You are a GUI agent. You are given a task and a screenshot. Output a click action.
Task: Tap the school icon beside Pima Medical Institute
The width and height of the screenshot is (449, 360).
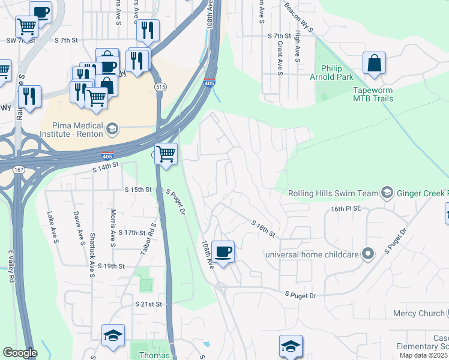pyautogui.click(x=112, y=128)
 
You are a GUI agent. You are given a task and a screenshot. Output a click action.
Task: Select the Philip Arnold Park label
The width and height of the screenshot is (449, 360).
pyautogui.click(x=340, y=74)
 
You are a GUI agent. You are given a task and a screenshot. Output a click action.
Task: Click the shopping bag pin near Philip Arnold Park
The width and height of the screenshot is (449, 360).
pyautogui.click(x=374, y=63)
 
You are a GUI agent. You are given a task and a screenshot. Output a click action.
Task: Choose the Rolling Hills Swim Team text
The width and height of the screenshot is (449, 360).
pyautogui.click(x=333, y=193)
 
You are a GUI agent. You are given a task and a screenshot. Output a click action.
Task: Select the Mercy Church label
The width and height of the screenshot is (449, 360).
pyautogui.click(x=418, y=313)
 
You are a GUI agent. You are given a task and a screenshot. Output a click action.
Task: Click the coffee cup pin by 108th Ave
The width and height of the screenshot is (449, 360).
pyautogui.click(x=223, y=251)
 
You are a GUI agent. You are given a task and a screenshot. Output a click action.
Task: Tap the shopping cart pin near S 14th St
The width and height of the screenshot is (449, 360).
pyautogui.click(x=166, y=154)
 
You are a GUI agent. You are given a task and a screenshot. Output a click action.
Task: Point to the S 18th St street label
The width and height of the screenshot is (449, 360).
pyautogui.click(x=263, y=228)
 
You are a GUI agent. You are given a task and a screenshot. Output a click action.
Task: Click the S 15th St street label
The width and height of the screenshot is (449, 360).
pyautogui.click(x=138, y=190)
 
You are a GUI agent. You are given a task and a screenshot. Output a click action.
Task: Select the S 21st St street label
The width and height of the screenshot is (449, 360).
pyautogui.click(x=149, y=304)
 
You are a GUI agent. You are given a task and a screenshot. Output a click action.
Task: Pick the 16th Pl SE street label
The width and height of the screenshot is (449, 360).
pyautogui.click(x=345, y=209)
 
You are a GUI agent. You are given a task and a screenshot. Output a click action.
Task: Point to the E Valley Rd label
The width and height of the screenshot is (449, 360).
pyautogui.click(x=10, y=266)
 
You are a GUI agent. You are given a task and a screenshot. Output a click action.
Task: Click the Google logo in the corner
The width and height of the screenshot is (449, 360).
pyautogui.click(x=20, y=353)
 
